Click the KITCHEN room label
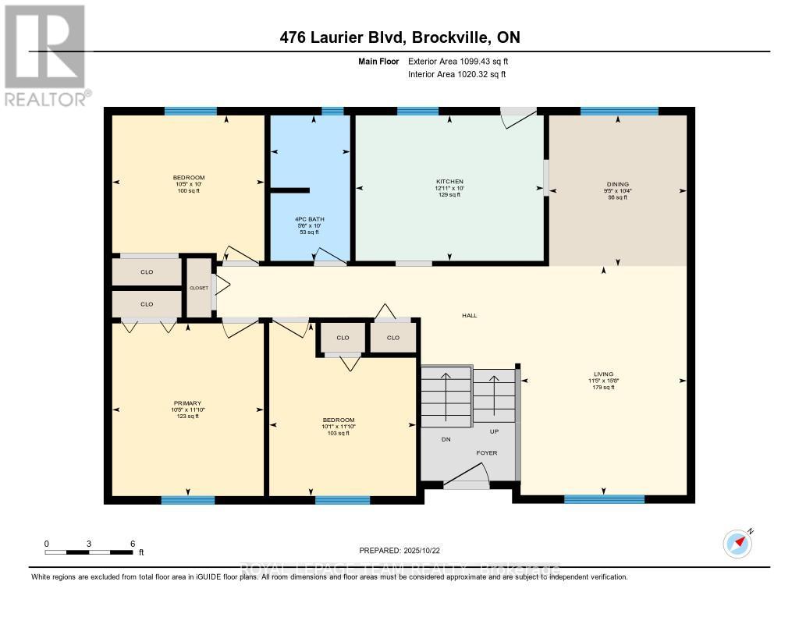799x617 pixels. tap(449, 181)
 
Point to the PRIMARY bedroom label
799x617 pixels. tap(186, 403)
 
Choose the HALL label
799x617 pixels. tap(468, 315)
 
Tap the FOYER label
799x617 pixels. tap(487, 452)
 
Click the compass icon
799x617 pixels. tap(737, 543)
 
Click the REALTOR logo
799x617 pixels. tap(45, 55)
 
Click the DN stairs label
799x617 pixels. tap(446, 439)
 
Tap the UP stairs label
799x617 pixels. tap(493, 431)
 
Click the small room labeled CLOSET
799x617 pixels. tap(199, 288)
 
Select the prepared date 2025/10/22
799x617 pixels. tap(404, 551)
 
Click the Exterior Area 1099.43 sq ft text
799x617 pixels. tap(459, 61)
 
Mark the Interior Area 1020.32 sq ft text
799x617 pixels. tap(457, 74)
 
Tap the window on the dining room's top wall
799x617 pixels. tap(619, 111)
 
